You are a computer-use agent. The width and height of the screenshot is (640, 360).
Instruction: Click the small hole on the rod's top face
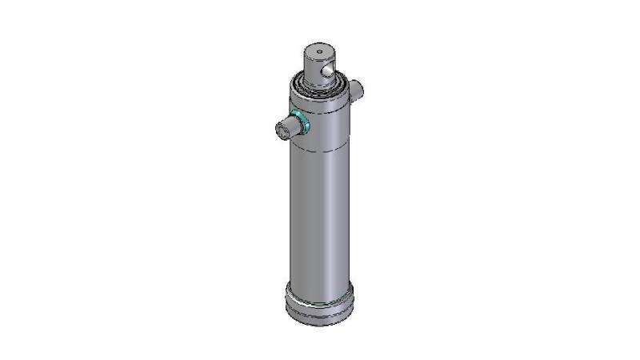(x=318, y=53)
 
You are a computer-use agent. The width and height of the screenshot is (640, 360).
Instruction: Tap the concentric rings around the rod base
(x=319, y=86)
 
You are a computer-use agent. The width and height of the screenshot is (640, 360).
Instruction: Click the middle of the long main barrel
(x=318, y=216)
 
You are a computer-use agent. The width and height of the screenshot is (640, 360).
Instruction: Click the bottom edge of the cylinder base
(x=318, y=323)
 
